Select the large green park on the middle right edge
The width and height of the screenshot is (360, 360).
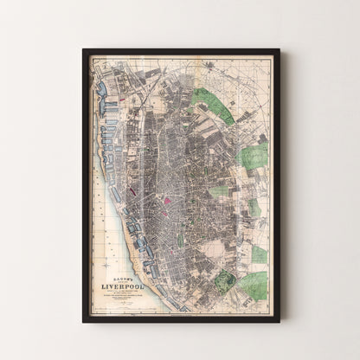pyautogui.click(x=254, y=156)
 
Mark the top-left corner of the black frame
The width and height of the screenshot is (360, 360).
pyautogui.click(x=84, y=50)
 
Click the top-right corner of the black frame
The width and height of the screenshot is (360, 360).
pyautogui.click(x=279, y=50)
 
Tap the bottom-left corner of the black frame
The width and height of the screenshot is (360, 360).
pyautogui.click(x=84, y=321)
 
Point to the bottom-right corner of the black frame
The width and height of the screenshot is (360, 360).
pyautogui.click(x=279, y=321)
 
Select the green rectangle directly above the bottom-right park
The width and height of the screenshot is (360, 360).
pyautogui.click(x=259, y=254)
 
